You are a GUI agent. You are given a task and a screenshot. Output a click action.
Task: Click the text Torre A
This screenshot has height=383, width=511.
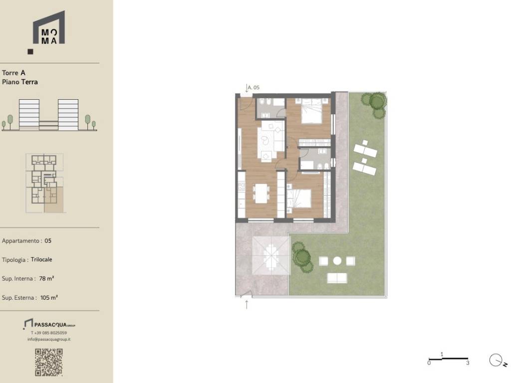point(13,73)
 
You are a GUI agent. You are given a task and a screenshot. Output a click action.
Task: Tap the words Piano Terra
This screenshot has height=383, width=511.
point(20,82)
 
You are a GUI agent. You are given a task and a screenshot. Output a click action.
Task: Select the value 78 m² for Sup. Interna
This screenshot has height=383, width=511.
point(46,278)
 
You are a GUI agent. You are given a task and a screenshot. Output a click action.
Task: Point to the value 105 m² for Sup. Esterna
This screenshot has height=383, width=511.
point(49,297)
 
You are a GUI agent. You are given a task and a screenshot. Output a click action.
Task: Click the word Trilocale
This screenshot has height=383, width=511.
point(41,259)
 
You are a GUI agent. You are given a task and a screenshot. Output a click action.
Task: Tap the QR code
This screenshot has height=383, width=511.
point(49,362)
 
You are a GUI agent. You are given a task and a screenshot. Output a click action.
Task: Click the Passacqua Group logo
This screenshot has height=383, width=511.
point(49,324)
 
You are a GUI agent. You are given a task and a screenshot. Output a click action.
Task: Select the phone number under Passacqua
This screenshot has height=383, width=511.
point(49,333)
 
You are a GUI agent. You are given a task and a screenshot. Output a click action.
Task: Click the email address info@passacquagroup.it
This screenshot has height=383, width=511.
point(49,339)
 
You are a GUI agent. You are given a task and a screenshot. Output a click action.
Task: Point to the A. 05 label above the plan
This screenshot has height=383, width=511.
point(254,87)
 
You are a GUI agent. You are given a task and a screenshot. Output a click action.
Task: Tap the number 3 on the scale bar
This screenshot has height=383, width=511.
point(468,363)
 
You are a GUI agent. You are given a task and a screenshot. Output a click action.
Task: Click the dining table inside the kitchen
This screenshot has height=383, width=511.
point(261,193)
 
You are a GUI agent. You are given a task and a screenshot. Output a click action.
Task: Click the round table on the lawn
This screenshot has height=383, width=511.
point(337,260)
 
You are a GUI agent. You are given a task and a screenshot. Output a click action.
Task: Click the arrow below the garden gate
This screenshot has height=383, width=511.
point(247,305)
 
